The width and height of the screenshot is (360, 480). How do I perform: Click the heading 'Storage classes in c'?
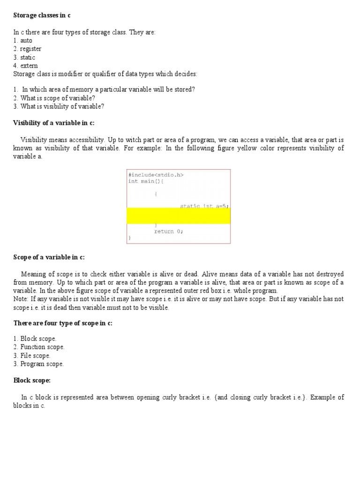pos(42,15)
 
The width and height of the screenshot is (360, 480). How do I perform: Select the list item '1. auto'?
pos(23,40)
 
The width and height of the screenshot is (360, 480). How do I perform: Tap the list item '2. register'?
pos(27,49)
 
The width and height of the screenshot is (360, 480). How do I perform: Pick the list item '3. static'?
pos(24,57)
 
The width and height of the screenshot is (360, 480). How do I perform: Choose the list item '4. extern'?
pos(25,66)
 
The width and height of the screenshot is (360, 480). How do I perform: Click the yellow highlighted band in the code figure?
pos(178,216)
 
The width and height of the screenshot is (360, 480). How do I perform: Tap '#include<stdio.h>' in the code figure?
pos(156,175)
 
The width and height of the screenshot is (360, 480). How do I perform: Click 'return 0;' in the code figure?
pos(168,231)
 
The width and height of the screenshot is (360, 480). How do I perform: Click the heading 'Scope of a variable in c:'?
pos(49,257)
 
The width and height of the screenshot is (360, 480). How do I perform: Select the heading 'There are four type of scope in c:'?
pos(63,323)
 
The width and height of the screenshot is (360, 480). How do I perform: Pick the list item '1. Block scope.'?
pos(35,338)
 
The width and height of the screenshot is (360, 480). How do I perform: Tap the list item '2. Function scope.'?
pos(39,347)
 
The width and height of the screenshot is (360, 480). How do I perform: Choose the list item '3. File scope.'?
pos(32,355)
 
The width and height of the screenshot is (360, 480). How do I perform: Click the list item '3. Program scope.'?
pos(38,364)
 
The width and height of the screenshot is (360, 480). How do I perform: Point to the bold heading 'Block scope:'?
pos(32,380)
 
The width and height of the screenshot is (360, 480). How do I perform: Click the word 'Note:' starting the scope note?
pos(21,299)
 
